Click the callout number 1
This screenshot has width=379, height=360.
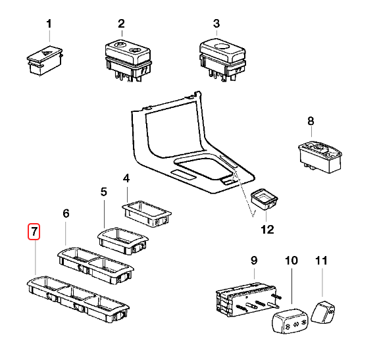point(49,24)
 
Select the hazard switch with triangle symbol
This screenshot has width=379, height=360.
point(45,60)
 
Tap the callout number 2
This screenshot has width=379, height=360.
point(121,24)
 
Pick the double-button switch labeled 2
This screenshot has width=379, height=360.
point(128,61)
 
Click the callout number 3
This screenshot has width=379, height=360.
point(216,24)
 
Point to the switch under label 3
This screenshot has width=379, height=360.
point(222,60)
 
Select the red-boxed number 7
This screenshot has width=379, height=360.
point(34,232)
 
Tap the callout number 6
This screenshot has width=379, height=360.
point(66,214)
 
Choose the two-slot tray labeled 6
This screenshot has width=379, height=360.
point(95,265)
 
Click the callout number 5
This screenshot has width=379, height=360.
point(104,192)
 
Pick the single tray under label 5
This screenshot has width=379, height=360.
point(123,241)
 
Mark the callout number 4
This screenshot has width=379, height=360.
point(126,178)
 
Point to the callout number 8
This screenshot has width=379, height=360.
point(311,121)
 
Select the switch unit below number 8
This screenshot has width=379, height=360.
point(320,157)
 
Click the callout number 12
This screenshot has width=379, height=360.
point(267,230)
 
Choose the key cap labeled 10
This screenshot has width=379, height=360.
point(291,321)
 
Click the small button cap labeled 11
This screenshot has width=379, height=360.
point(323,312)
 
